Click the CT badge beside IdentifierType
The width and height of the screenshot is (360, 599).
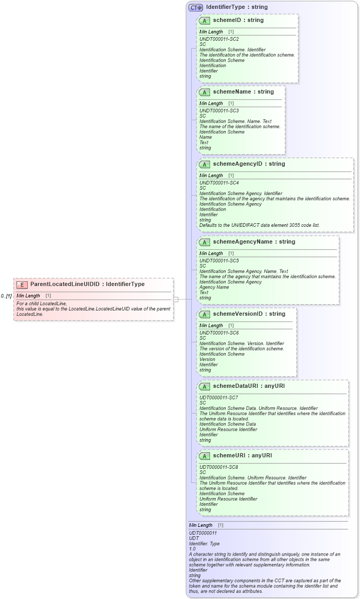[196, 7]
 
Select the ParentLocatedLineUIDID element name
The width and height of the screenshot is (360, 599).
[65, 284]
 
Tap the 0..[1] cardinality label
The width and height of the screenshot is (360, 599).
[6, 296]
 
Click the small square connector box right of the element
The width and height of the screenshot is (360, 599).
[176, 299]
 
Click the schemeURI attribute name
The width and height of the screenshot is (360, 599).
[228, 456]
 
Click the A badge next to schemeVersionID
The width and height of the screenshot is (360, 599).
[205, 314]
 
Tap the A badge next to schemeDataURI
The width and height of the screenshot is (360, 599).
[205, 386]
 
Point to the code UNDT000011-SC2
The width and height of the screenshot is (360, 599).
[219, 39]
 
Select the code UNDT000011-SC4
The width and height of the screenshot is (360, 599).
[219, 183]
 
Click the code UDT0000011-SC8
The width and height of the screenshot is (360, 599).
[218, 467]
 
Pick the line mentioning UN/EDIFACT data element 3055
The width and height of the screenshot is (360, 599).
[260, 225]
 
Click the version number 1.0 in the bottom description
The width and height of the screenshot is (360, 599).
[192, 549]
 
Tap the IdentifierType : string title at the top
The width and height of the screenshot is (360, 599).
[237, 7]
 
